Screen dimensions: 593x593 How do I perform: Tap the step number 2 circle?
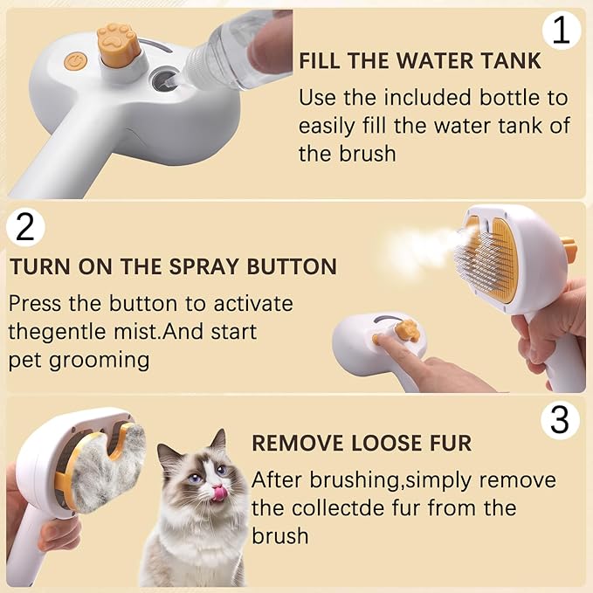24,228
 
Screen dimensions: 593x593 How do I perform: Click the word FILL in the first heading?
323,62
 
